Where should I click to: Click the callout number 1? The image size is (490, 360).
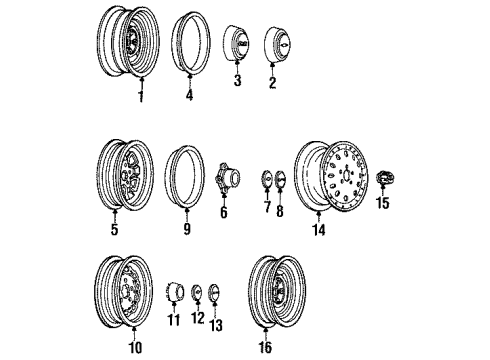[x=141, y=97]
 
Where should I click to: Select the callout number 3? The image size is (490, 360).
[x=237, y=81]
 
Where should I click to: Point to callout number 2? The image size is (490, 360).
[x=271, y=85]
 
